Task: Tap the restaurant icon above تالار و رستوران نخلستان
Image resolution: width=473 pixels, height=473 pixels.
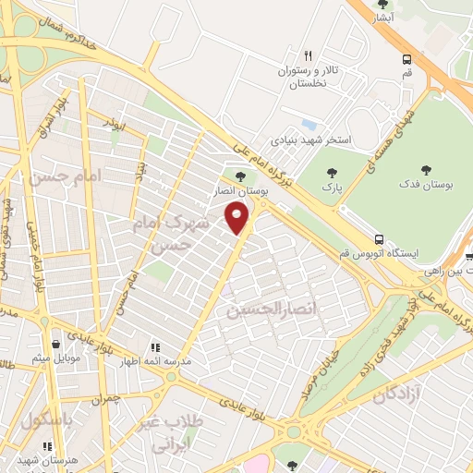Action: [309, 55]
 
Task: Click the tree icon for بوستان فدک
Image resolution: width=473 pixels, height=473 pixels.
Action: [426, 169]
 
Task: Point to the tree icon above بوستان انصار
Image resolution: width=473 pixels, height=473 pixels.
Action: [241, 176]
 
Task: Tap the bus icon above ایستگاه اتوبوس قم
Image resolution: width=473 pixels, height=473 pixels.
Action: [381, 237]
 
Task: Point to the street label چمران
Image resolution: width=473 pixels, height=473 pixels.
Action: [104, 401]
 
